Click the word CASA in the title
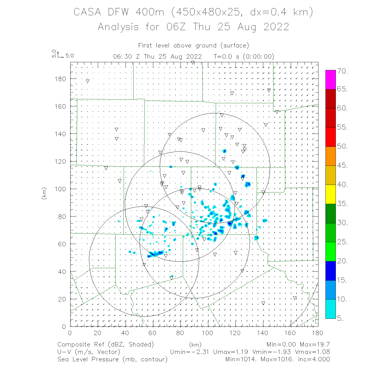[x=87, y=12]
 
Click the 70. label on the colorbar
[x=342, y=71]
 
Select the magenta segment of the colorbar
[x=330, y=80]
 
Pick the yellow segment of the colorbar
[x=330, y=194]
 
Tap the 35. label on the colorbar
[x=342, y=204]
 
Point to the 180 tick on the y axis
[x=60, y=79]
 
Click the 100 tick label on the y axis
[x=60, y=189]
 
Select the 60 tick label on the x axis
[x=152, y=333]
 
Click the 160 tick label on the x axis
[x=290, y=333]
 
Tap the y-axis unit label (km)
[x=44, y=193]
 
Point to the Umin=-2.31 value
[x=189, y=352]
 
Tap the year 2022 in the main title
[x=276, y=27]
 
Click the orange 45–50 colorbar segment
[x=330, y=156]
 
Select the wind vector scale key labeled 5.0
[x=62, y=55]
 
